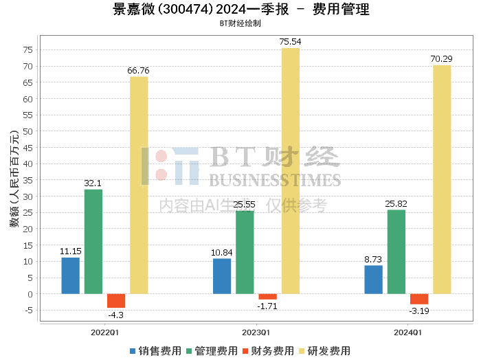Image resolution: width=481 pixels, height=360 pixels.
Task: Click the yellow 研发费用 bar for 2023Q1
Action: [291, 171]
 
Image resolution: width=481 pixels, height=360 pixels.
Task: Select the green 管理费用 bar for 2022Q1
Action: [93, 242]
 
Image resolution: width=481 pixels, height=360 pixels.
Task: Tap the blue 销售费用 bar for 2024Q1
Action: [374, 280]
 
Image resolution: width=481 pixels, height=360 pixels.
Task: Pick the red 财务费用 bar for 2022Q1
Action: [116, 301]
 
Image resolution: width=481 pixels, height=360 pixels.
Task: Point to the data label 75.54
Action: [290, 42]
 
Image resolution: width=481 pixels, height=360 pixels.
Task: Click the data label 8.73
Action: [373, 260]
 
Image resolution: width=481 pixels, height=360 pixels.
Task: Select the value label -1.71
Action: [267, 306]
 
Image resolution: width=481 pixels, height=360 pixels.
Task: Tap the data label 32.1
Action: [93, 183]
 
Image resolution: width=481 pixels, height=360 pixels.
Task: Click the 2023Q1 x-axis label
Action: [256, 333]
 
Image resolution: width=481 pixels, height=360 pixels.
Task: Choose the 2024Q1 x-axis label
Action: [407, 333]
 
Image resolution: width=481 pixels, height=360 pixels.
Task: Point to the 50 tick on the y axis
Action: [27, 131]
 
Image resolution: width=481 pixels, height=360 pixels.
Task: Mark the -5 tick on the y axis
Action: [29, 311]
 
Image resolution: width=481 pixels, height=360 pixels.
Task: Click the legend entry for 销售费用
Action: [155, 351]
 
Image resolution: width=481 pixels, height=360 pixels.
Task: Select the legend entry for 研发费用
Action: [324, 351]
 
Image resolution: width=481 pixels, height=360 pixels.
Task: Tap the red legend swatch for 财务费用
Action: [245, 351]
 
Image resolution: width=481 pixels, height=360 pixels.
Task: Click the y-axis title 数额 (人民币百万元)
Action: [14, 179]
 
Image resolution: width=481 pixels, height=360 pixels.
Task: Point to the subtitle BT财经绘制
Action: [240, 23]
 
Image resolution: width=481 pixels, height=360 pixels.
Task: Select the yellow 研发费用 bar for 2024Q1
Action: [442, 180]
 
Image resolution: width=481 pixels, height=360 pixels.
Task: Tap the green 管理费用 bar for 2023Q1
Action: [245, 252]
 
